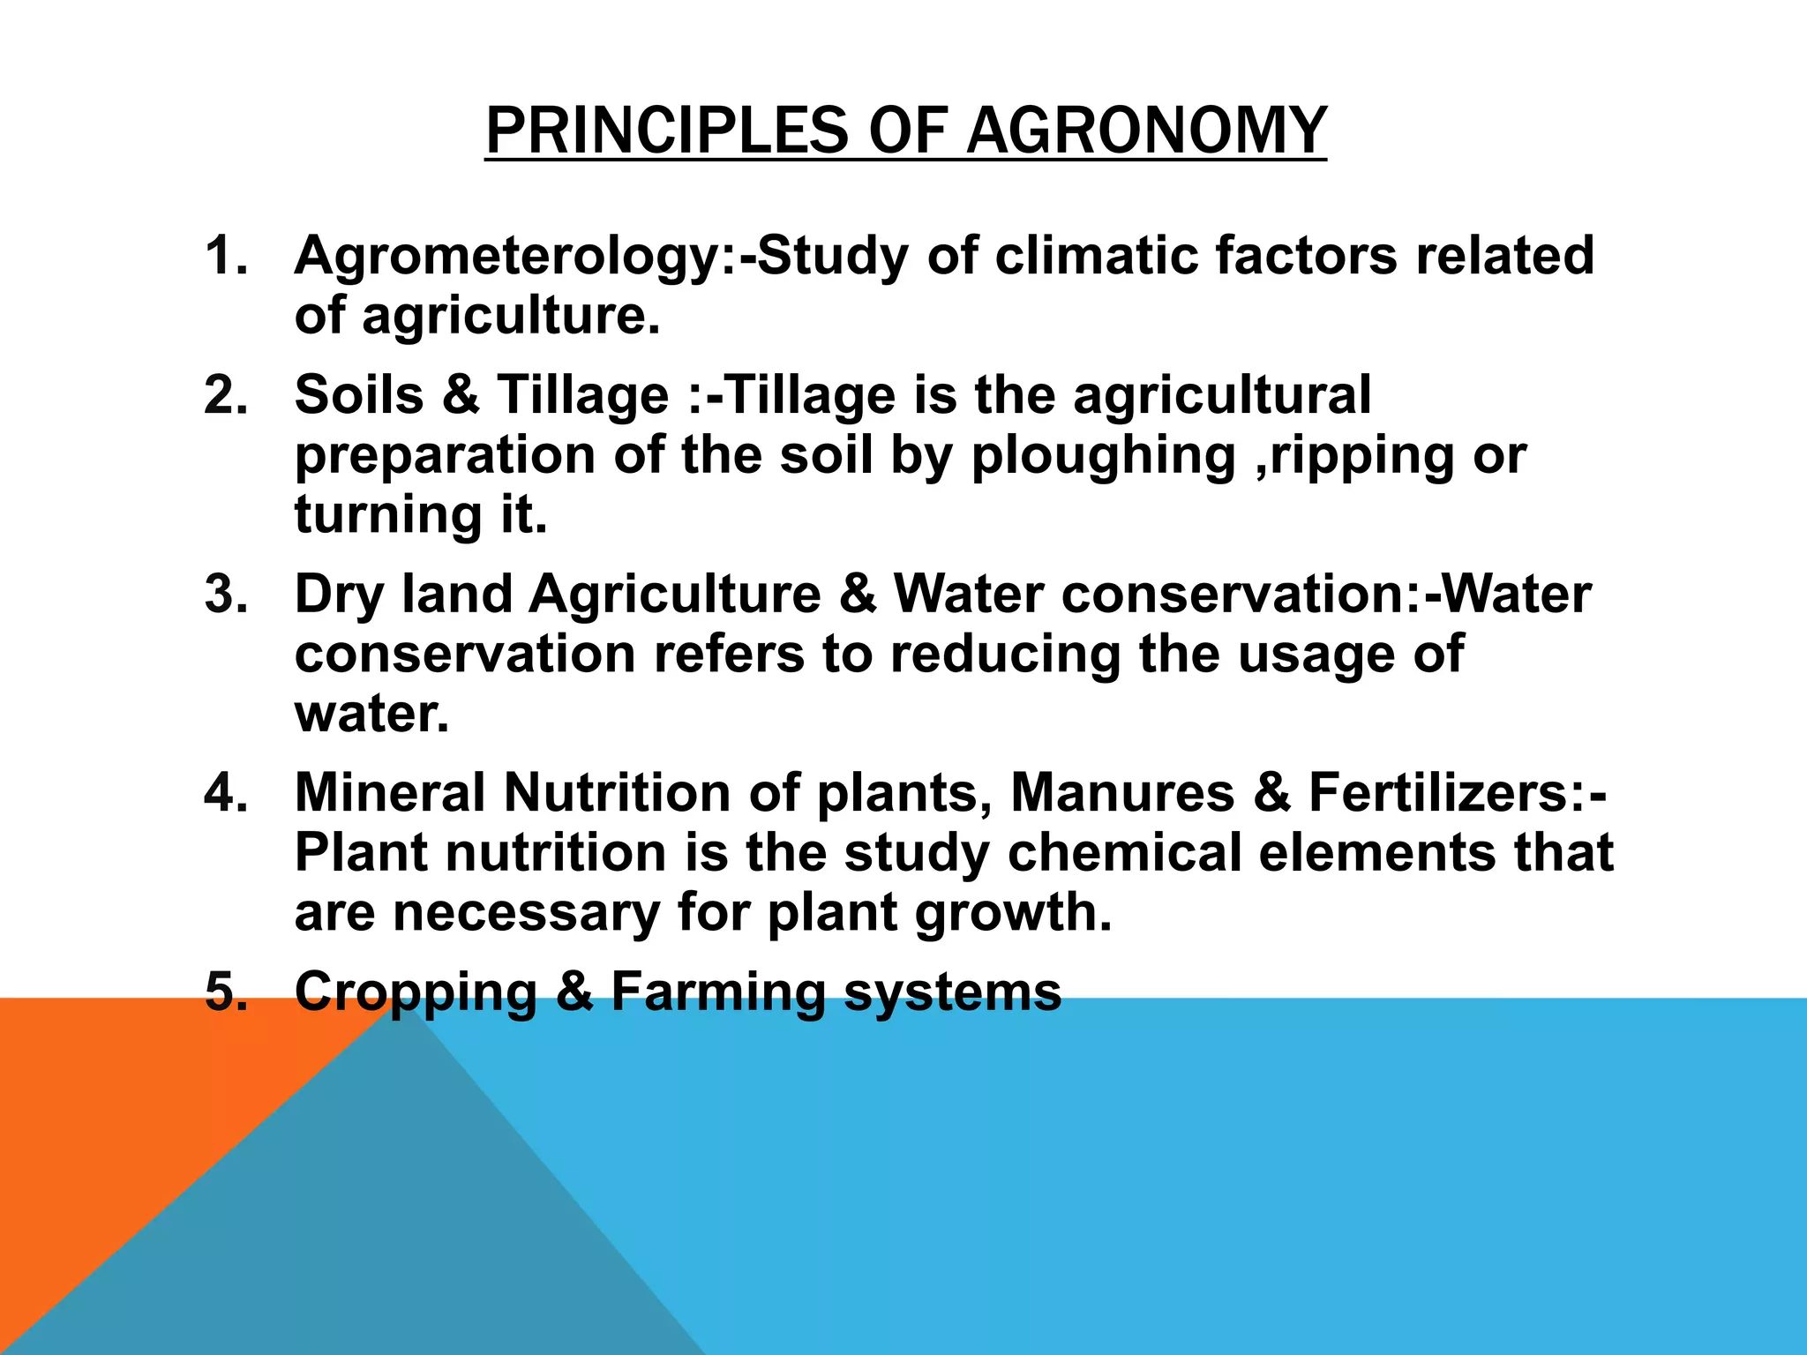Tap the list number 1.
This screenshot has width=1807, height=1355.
pos(225,256)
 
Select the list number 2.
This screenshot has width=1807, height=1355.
pos(225,394)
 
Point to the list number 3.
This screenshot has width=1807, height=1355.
pos(225,594)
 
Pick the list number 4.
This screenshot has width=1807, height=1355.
pos(225,792)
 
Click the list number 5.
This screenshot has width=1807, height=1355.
pos(225,991)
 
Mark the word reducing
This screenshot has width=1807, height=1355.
pos(1005,655)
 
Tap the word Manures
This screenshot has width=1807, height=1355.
pos(1121,793)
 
